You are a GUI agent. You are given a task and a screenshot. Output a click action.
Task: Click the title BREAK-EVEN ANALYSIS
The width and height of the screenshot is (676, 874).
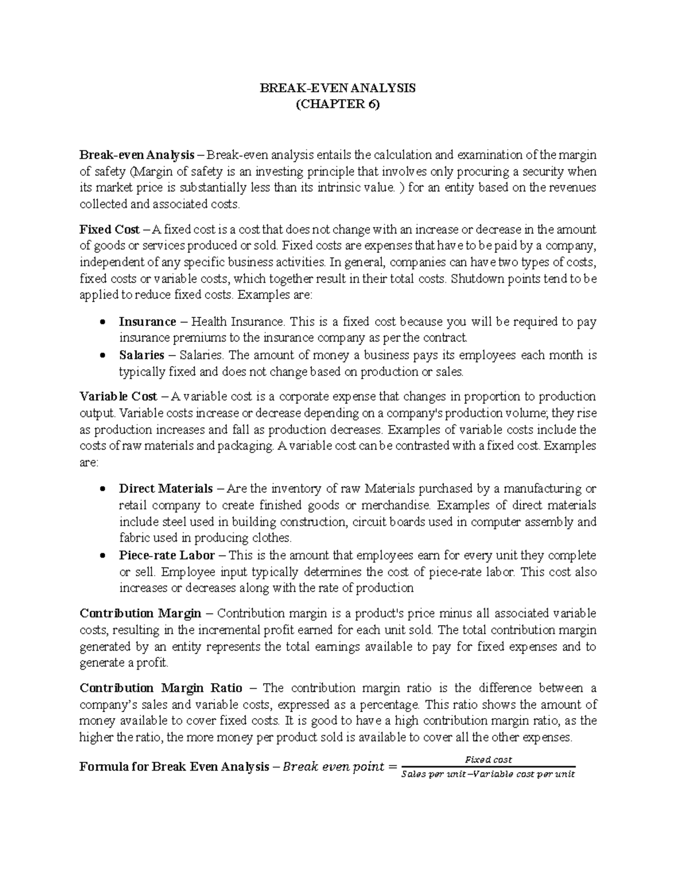[x=337, y=88]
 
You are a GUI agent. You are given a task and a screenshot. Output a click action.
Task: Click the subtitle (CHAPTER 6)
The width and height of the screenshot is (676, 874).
[x=337, y=105]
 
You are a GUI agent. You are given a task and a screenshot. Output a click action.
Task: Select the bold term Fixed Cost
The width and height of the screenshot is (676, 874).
[x=109, y=229]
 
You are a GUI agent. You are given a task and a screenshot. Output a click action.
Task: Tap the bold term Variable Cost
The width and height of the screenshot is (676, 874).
[x=118, y=396]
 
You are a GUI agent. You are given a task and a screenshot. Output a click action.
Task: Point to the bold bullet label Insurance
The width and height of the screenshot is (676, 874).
[x=147, y=322]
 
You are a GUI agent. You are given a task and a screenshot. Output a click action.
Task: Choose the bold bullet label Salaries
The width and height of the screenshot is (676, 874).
[x=141, y=355]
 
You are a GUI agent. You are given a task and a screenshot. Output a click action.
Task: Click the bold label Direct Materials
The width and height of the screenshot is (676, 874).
[x=166, y=488]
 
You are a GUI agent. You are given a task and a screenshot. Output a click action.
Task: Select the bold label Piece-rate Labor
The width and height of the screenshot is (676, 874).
[x=167, y=555]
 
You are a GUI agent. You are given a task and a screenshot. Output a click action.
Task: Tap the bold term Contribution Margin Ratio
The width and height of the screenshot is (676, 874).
[x=161, y=688]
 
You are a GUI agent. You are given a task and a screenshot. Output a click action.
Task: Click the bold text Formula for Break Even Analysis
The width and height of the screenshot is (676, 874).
[x=174, y=767]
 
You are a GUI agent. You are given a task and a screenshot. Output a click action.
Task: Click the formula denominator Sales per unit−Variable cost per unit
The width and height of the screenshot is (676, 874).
[x=488, y=774]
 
